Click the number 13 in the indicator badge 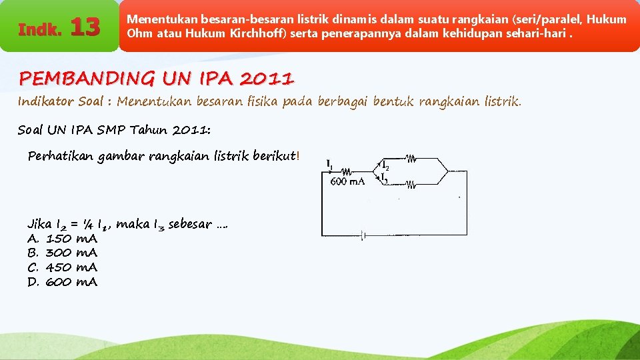click(85, 28)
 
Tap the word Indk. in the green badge click(40, 30)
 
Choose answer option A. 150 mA click(62, 238)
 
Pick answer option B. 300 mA click(62, 253)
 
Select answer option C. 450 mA click(62, 267)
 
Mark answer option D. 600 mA click(62, 282)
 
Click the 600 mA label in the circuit click(347, 181)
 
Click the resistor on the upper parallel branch click(411, 159)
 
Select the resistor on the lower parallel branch click(411, 185)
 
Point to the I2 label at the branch click(385, 163)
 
